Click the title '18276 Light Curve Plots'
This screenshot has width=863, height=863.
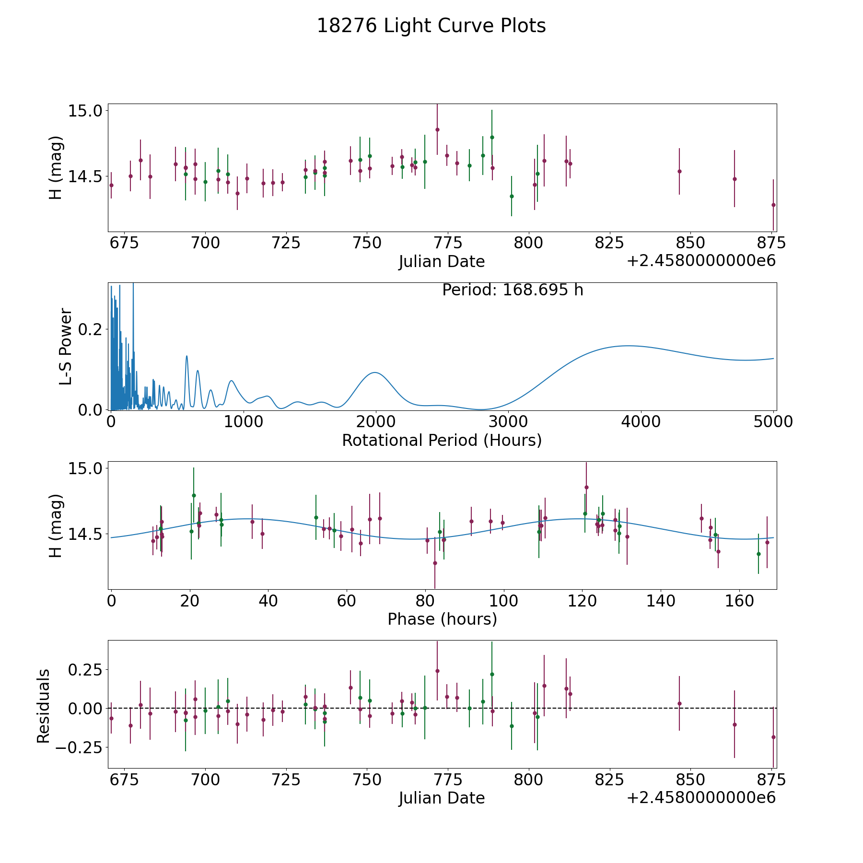431,26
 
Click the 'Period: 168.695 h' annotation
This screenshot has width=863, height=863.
513,290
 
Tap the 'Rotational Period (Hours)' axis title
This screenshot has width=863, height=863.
442,440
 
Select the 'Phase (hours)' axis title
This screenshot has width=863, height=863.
442,619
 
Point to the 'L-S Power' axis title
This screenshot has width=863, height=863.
66,346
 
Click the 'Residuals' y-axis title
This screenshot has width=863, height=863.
44,706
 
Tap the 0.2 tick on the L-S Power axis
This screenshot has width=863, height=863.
91,329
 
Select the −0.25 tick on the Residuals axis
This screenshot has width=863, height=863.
79,747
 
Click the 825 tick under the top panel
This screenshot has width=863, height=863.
609,243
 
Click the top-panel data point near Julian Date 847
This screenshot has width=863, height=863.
679,171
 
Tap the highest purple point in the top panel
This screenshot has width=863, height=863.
437,129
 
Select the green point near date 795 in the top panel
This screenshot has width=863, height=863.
512,196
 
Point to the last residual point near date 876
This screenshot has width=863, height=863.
773,737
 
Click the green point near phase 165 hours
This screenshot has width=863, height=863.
758,554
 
